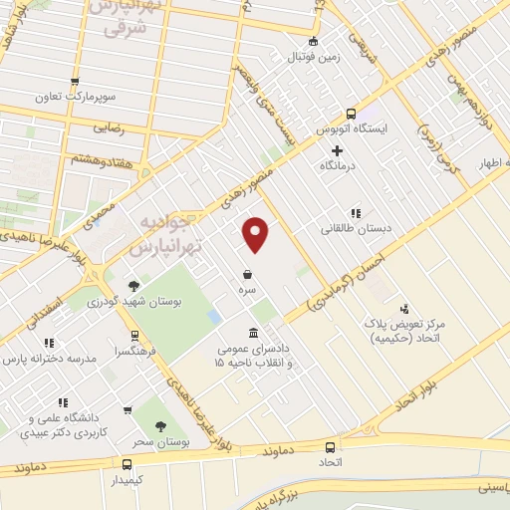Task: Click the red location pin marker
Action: [x=257, y=234]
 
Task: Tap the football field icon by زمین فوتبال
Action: [x=314, y=42]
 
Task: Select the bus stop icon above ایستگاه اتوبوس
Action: [x=351, y=114]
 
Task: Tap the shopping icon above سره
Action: [x=246, y=273]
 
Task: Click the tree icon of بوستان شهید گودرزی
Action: [x=133, y=286]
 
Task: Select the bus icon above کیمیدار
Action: [x=127, y=464]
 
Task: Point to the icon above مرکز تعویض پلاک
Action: [x=404, y=309]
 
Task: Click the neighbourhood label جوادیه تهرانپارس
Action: [x=158, y=233]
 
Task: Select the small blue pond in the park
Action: [x=214, y=317]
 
